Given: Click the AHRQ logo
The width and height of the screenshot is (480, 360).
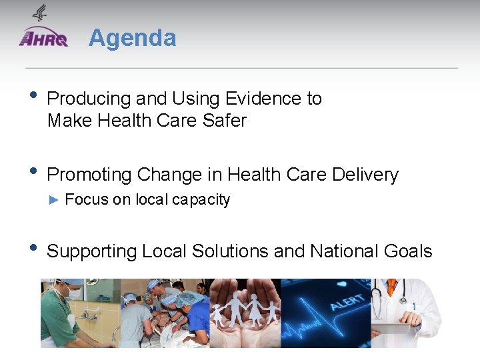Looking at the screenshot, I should pos(43,38).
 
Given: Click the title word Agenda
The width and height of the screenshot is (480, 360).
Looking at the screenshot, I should pos(132,38).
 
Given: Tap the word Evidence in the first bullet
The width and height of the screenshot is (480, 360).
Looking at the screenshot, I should pos(265,99).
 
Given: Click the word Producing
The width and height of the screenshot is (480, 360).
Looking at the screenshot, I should pos(89,99).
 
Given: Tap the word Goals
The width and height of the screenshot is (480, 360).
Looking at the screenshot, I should pos(408,251).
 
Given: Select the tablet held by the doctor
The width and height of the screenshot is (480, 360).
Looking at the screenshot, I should pos(393,328).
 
